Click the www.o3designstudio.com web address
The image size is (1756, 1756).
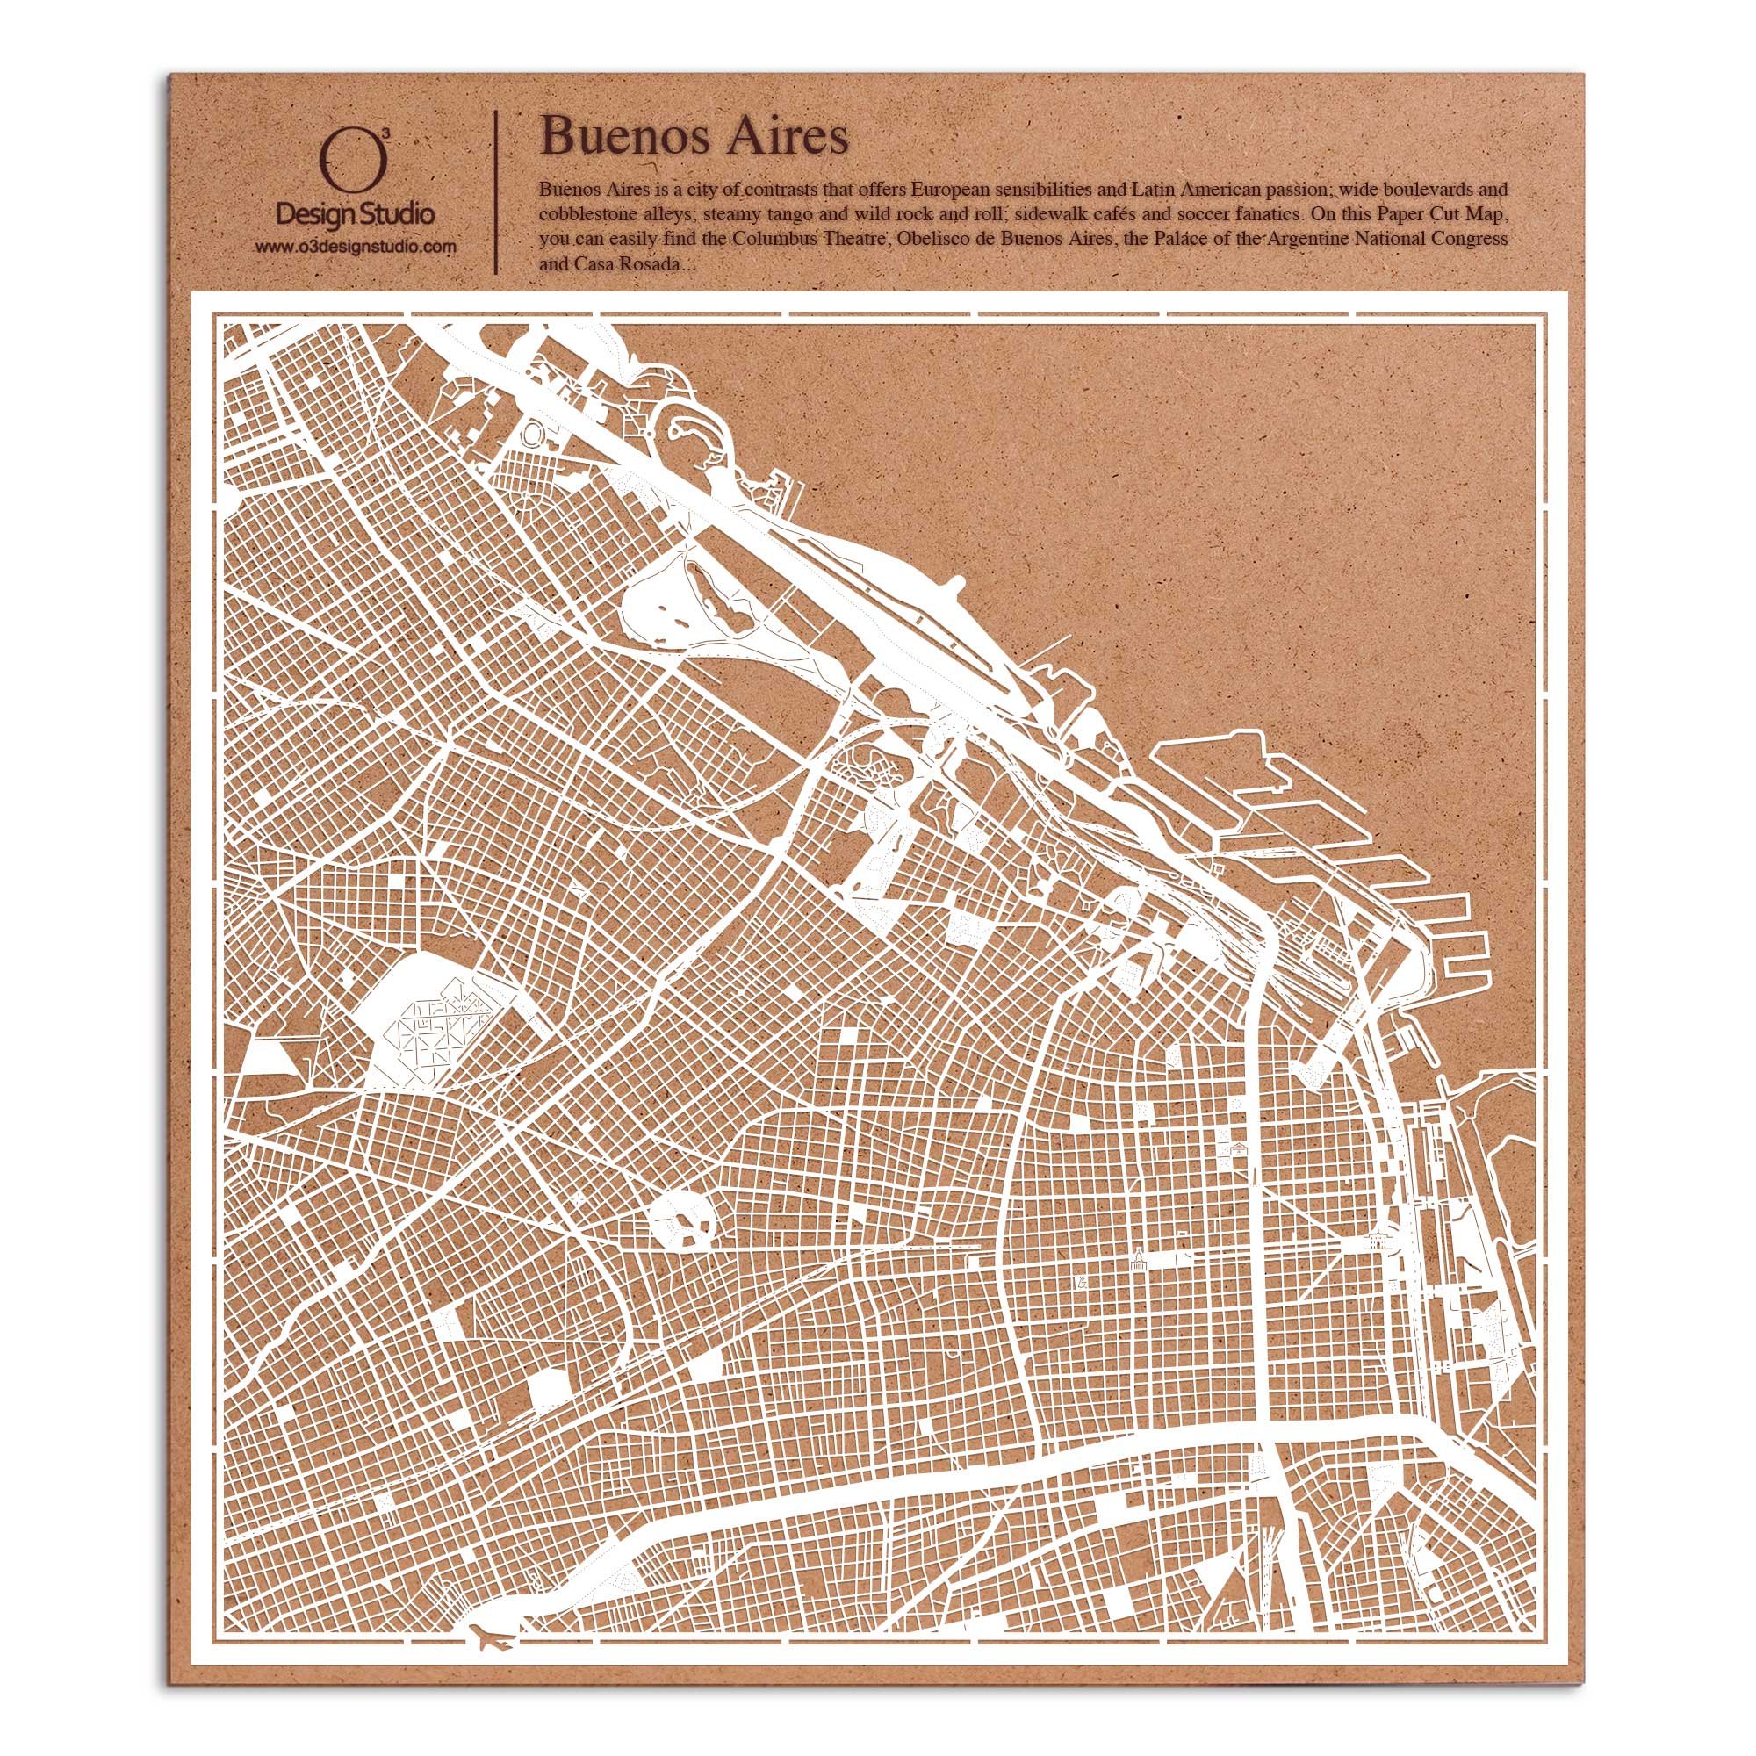pos(356,247)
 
